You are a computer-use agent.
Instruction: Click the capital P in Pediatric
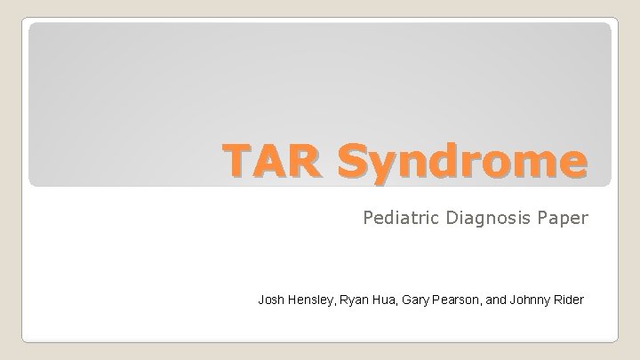pyautogui.click(x=368, y=217)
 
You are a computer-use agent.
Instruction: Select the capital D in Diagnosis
pyautogui.click(x=442, y=217)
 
